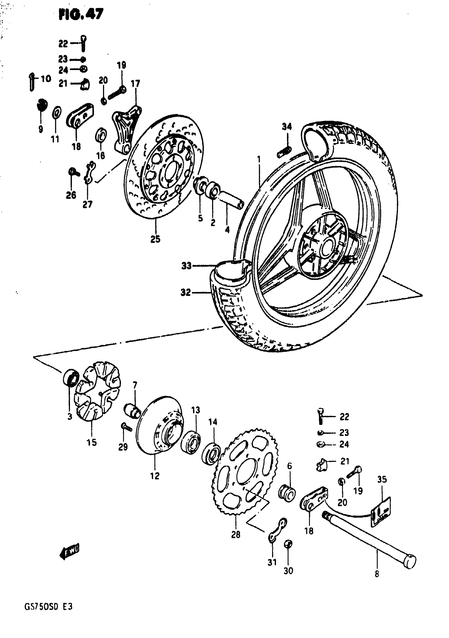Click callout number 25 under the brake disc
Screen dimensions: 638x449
pyautogui.click(x=155, y=239)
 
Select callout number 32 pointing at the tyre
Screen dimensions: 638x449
pyautogui.click(x=186, y=292)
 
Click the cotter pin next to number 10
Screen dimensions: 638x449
pyautogui.click(x=32, y=82)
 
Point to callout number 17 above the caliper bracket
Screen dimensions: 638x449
pyautogui.click(x=135, y=83)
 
